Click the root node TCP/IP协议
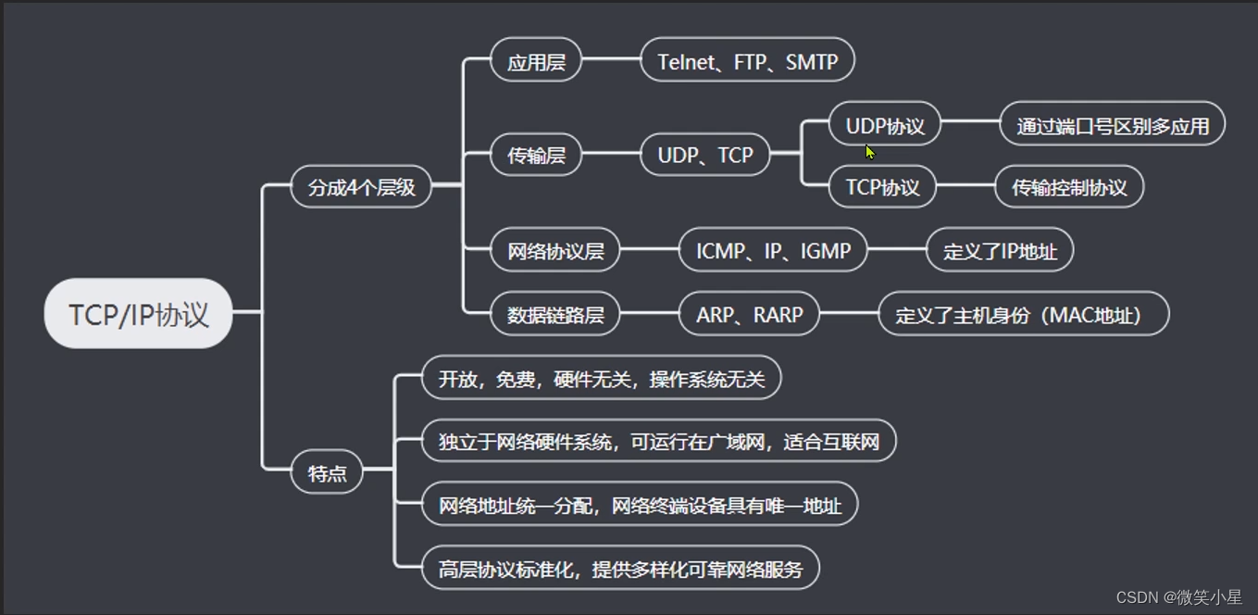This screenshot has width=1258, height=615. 138,314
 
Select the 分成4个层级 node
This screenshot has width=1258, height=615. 361,187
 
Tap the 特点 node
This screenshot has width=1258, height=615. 327,472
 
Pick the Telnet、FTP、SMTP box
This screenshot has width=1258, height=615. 747,61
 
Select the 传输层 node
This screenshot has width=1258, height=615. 535,155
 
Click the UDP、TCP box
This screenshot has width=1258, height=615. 704,155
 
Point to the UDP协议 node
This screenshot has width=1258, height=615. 884,125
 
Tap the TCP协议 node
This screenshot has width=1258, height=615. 882,187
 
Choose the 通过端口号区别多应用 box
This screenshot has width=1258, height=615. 1112,125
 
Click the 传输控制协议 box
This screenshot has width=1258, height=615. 1068,187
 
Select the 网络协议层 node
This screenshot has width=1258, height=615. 554,251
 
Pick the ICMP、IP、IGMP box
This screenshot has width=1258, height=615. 772,251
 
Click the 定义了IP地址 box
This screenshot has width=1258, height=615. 999,251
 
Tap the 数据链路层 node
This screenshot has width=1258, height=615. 554,315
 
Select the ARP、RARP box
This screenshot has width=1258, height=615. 749,315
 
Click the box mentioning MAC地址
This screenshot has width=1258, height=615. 1023,315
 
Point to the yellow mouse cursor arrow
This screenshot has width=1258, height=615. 870,152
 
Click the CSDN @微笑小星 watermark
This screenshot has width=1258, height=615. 1178,597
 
